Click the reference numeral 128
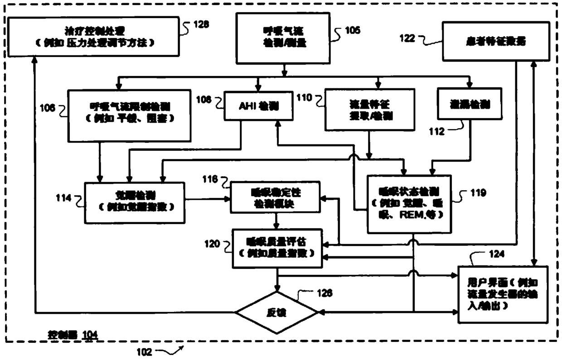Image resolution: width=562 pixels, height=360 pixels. (x=201, y=24)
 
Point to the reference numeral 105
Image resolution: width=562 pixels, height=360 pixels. (x=352, y=30)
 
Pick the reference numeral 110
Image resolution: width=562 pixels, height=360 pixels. (x=305, y=97)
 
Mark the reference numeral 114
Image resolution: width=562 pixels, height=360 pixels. (x=63, y=198)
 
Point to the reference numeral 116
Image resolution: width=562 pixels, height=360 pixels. (x=210, y=179)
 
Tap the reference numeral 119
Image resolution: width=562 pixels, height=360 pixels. (x=478, y=193)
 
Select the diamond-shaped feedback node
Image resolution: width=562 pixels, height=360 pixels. (x=276, y=312)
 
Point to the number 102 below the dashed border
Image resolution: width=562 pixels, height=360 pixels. (x=146, y=351)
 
